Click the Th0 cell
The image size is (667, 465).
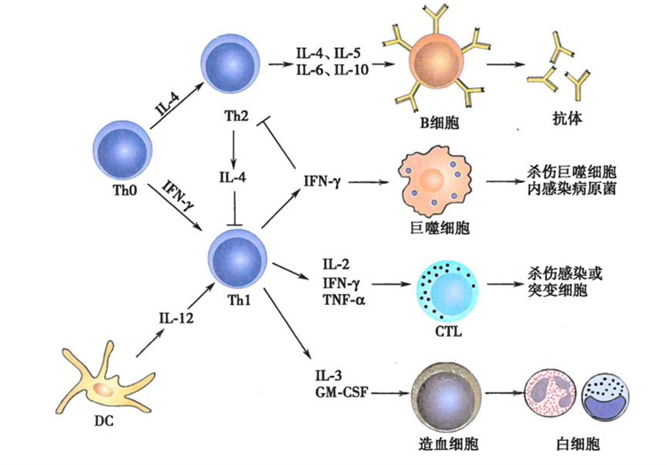tap(122, 151)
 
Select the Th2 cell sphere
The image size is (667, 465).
tap(230, 65)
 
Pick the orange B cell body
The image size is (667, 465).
tap(436, 59)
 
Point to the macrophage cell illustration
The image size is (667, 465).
tap(435, 181)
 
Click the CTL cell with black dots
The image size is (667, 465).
tap(447, 290)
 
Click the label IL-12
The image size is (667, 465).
tap(176, 317)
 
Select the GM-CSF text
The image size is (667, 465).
tap(342, 392)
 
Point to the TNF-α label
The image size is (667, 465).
tap(344, 300)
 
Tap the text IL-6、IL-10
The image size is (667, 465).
tap(332, 69)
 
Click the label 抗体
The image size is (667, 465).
tap(567, 118)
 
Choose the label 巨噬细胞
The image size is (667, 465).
tap(440, 228)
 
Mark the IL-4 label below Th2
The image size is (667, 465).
tap(233, 176)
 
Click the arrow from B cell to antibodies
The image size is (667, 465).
tap(505, 64)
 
